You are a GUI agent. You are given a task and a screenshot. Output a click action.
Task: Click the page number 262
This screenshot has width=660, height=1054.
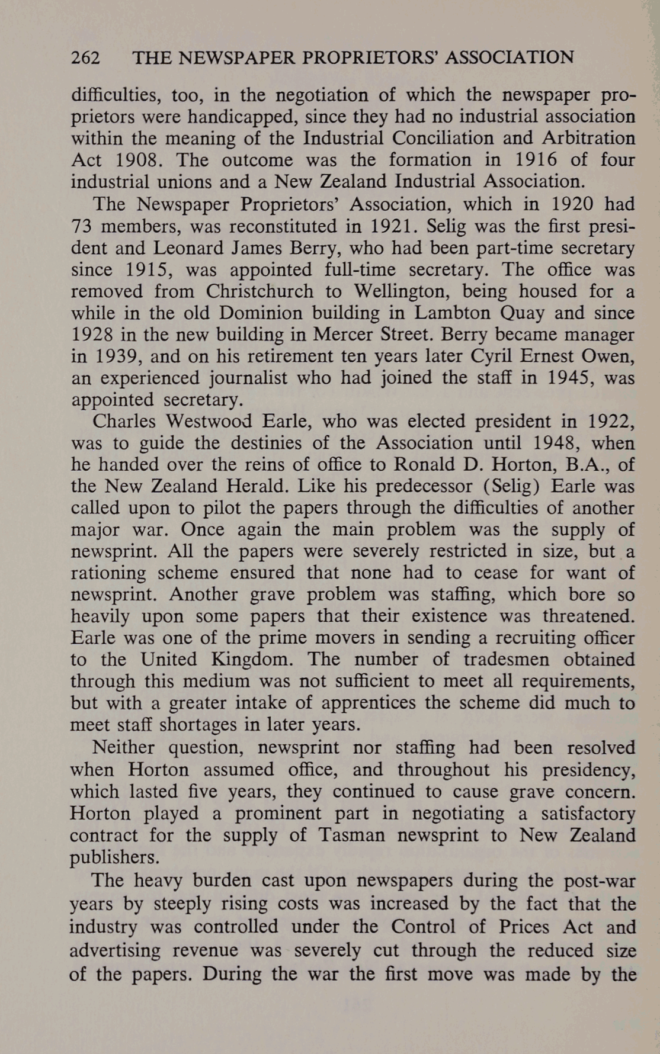(85, 58)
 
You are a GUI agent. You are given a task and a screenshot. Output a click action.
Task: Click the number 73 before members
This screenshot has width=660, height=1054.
(83, 226)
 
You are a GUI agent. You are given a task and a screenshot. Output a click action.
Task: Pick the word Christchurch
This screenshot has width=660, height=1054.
(259, 291)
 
